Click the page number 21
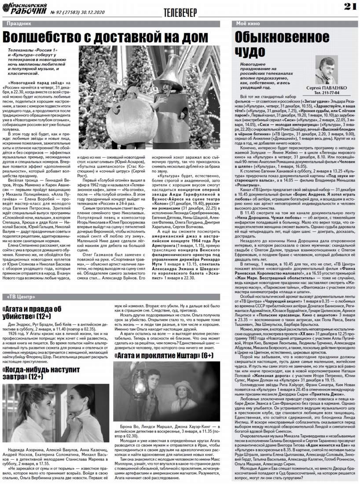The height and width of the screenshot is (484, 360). (x=349, y=6)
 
